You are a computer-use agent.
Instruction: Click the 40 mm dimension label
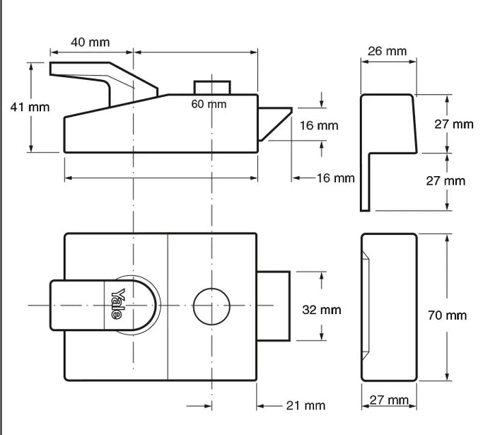pyautogui.click(x=90, y=42)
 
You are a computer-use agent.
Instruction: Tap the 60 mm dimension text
pyautogui.click(x=209, y=104)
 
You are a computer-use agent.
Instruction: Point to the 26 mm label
pyautogui.click(x=387, y=51)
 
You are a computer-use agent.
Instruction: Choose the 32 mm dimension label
pyautogui.click(x=321, y=310)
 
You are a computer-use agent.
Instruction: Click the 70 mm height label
pyautogui.click(x=447, y=315)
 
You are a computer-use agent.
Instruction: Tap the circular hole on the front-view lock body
pyautogui.click(x=211, y=305)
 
